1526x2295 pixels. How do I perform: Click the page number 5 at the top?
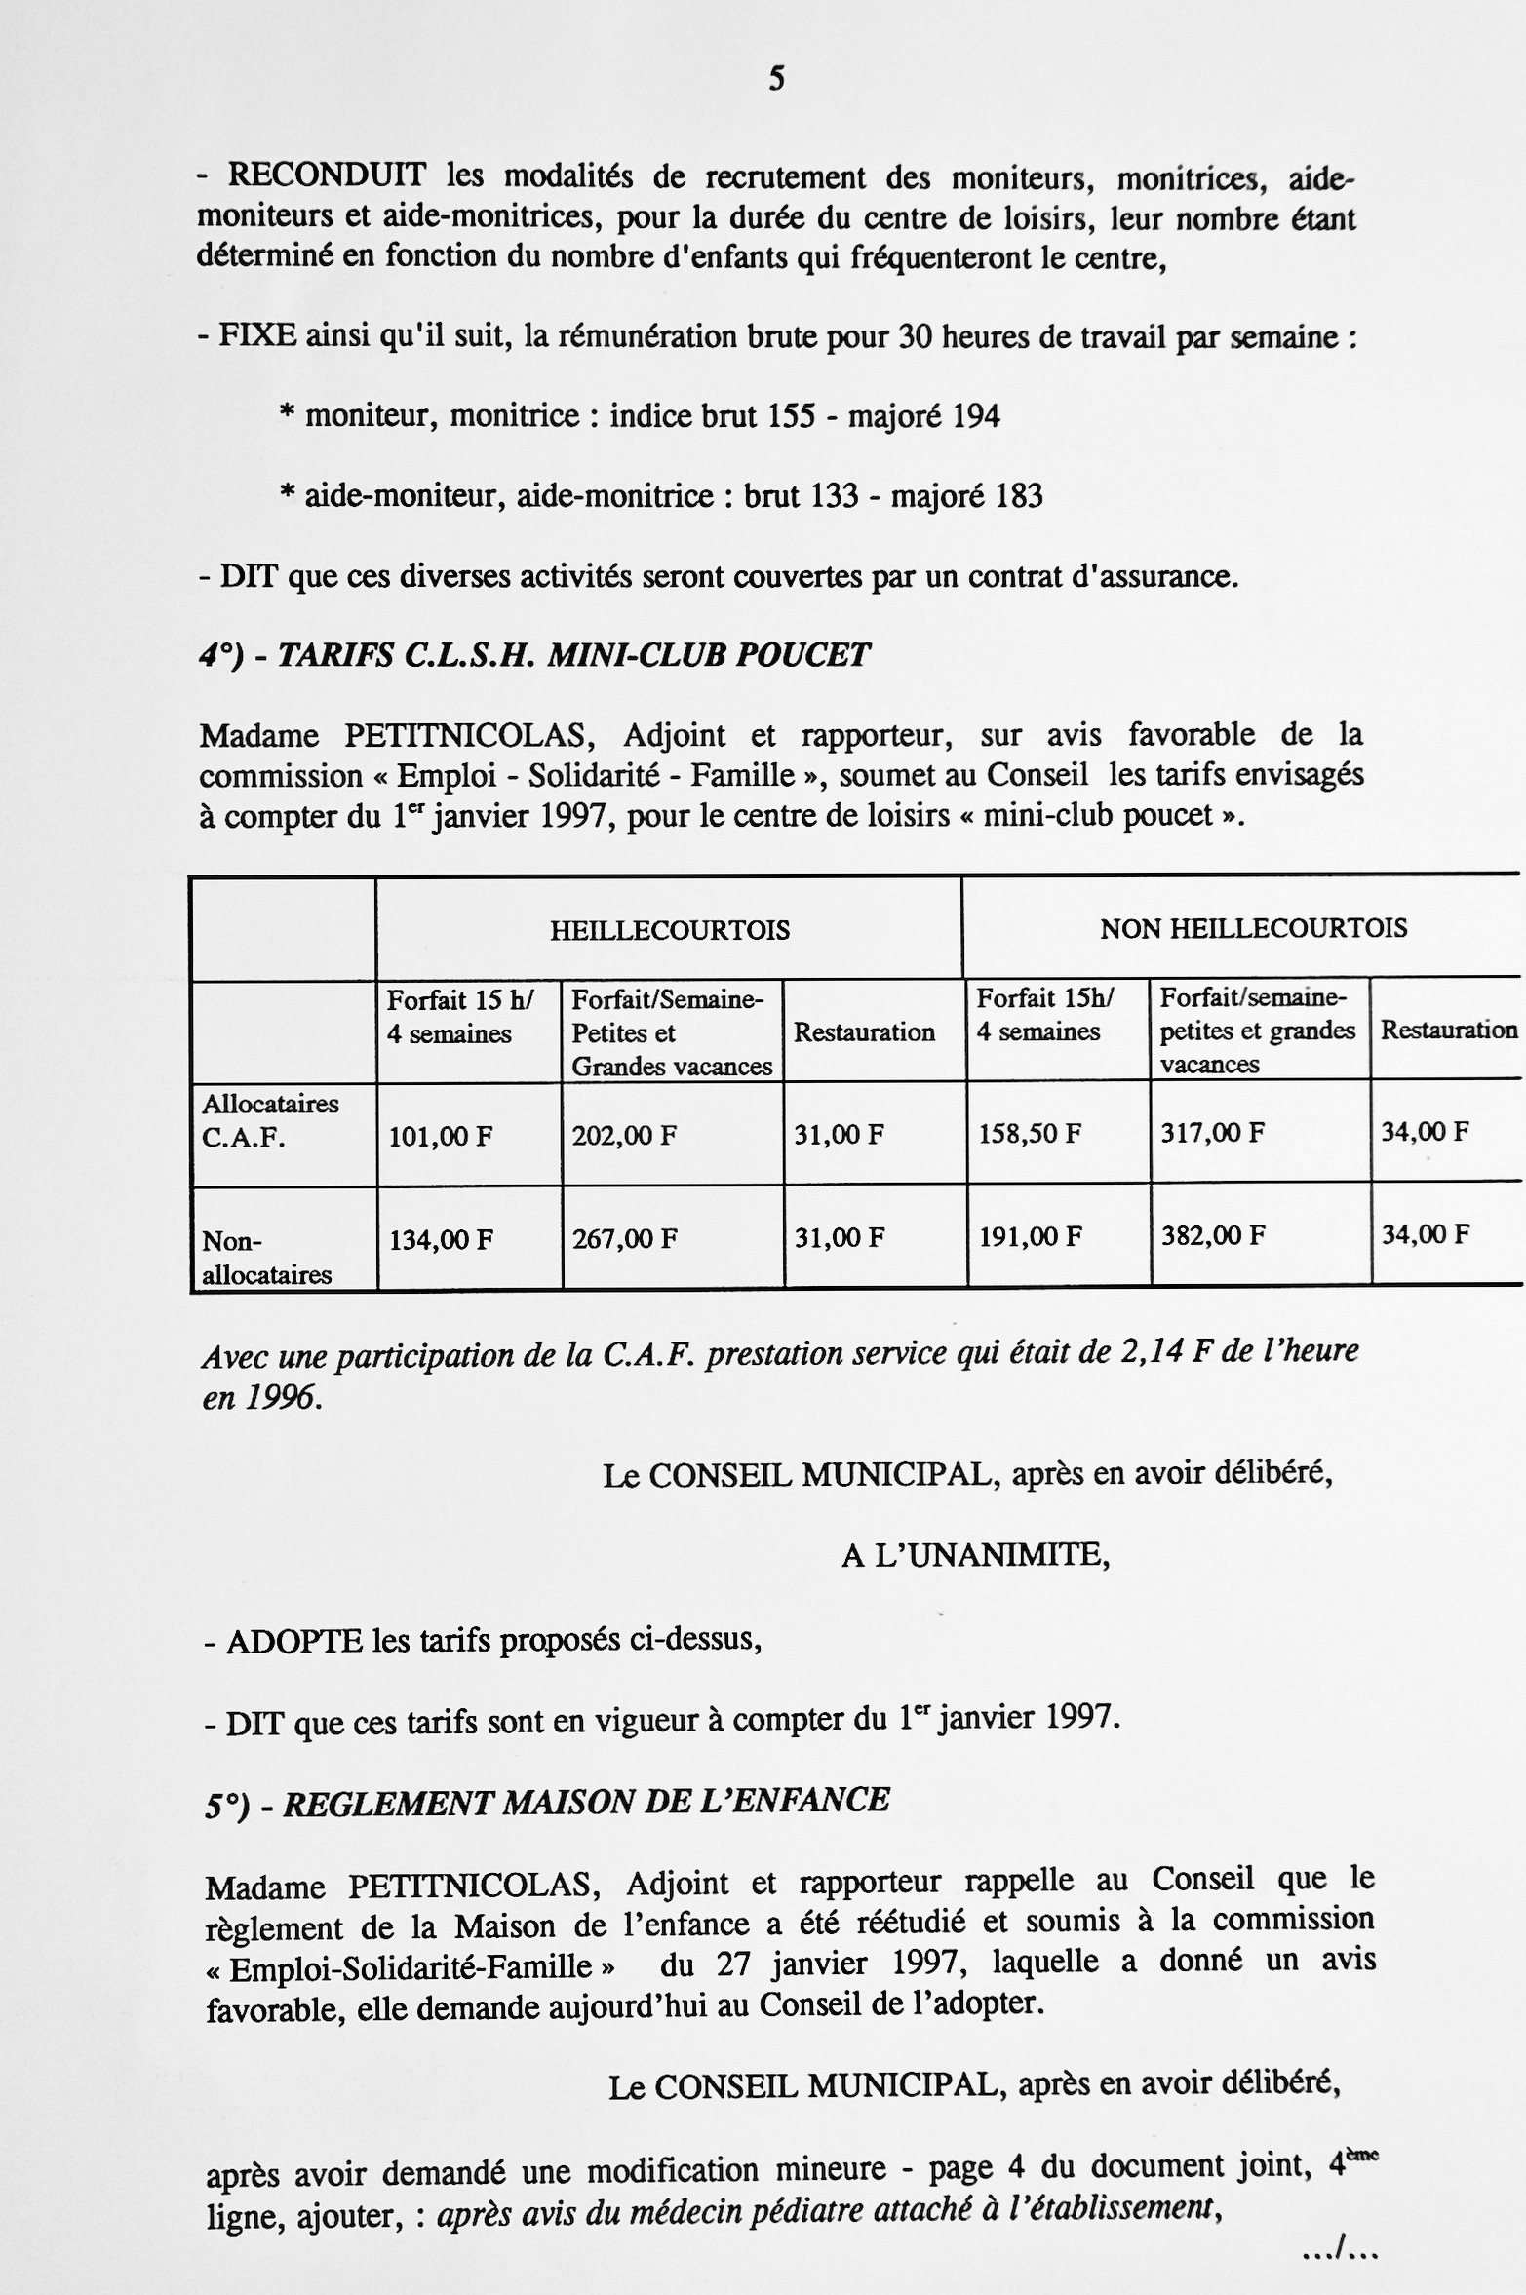(x=776, y=79)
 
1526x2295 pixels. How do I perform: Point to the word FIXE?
(x=257, y=337)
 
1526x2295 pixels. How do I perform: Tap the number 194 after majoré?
(x=975, y=417)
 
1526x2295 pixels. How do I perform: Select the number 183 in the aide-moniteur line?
(x=1018, y=497)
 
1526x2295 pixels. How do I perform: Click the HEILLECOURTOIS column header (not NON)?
(x=669, y=930)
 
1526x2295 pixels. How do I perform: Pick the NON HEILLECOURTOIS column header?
(x=1253, y=928)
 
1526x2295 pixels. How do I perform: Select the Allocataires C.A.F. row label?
(x=269, y=1121)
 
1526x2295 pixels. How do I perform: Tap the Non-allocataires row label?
(x=265, y=1258)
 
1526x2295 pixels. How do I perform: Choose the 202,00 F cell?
(x=624, y=1136)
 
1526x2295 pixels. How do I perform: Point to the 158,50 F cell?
(x=1030, y=1134)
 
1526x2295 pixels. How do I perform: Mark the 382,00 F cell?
(x=1213, y=1236)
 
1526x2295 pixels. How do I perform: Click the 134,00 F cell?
(x=441, y=1240)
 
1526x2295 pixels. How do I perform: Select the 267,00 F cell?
(x=624, y=1239)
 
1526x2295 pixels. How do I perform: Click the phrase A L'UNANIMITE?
(x=975, y=1555)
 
